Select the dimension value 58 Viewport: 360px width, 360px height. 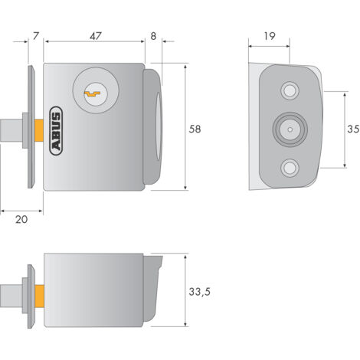[x=195, y=129]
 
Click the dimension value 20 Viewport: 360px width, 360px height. [x=21, y=219]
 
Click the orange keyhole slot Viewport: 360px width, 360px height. [x=93, y=94]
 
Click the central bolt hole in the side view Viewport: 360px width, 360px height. [x=289, y=129]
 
